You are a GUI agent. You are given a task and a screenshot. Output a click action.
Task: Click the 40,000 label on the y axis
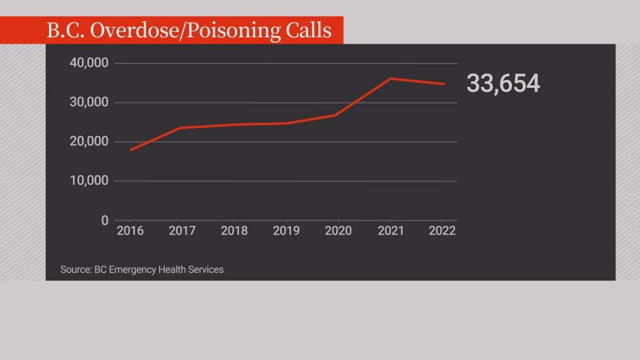pyautogui.click(x=89, y=63)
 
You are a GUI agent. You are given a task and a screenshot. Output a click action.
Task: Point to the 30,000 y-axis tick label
pyautogui.click(x=89, y=102)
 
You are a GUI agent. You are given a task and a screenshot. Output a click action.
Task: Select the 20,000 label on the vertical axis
pyautogui.click(x=89, y=142)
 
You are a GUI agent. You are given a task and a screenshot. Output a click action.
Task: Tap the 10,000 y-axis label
pyautogui.click(x=89, y=181)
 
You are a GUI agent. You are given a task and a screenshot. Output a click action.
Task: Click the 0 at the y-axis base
pyautogui.click(x=105, y=220)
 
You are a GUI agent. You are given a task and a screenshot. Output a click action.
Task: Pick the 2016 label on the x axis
pyautogui.click(x=130, y=231)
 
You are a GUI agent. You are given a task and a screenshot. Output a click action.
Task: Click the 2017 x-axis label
pyautogui.click(x=182, y=231)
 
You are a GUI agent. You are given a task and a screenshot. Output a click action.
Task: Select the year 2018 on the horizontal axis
pyautogui.click(x=234, y=231)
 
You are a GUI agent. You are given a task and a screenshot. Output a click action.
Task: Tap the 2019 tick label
pyautogui.click(x=286, y=231)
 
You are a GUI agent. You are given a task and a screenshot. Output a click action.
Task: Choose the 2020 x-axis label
pyautogui.click(x=338, y=231)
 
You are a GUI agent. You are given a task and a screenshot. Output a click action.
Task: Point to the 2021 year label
pyautogui.click(x=390, y=231)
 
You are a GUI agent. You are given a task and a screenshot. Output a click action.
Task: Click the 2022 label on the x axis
pyautogui.click(x=442, y=231)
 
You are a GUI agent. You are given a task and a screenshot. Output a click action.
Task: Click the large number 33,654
pyautogui.click(x=503, y=84)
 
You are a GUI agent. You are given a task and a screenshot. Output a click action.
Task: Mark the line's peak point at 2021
pyautogui.click(x=390, y=78)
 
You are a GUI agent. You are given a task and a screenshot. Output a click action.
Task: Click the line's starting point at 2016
pyautogui.click(x=131, y=150)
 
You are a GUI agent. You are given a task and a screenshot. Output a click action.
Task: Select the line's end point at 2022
pyautogui.click(x=444, y=84)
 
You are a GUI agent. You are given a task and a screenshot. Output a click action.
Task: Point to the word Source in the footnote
pyautogui.click(x=75, y=269)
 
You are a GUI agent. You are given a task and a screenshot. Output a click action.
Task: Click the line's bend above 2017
pyautogui.click(x=182, y=128)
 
